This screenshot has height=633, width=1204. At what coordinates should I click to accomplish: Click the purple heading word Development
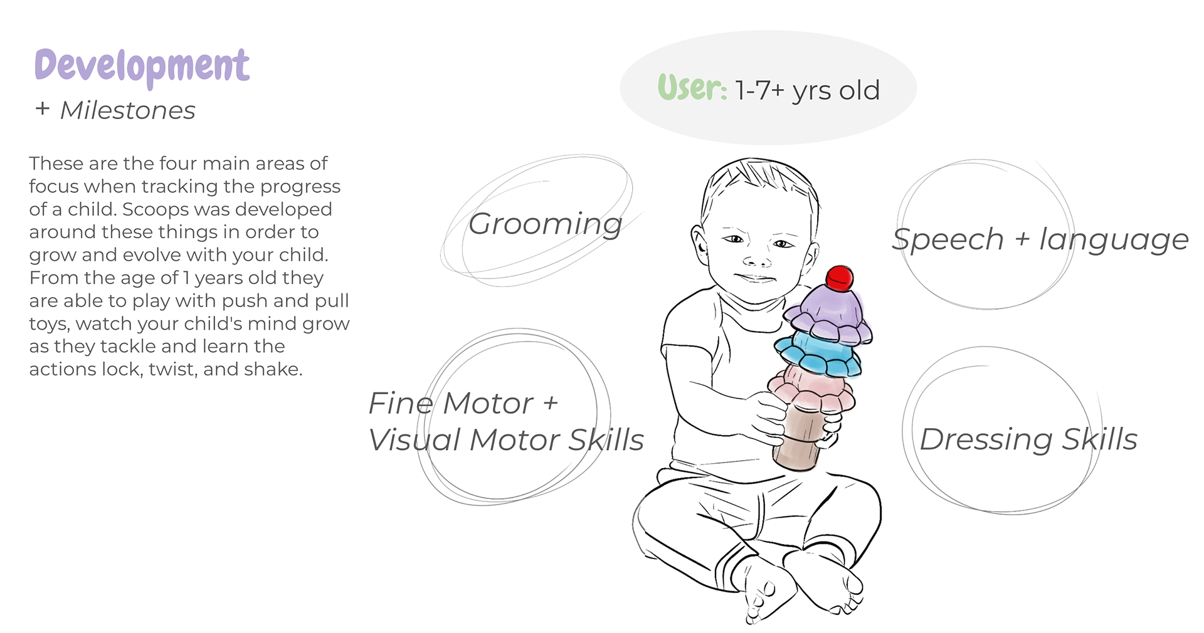[x=142, y=66]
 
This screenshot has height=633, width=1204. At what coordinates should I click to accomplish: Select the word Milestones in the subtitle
[x=128, y=111]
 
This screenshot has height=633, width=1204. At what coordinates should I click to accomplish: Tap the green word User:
[x=692, y=89]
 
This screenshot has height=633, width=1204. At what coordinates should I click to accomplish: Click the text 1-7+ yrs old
[x=808, y=91]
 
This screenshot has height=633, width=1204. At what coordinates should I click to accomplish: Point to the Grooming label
[x=545, y=224]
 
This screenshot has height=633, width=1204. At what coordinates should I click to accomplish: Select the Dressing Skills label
[x=1028, y=439]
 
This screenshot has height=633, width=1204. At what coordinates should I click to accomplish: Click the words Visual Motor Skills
[x=505, y=440]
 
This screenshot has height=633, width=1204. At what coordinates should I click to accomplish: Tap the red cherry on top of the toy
[x=839, y=278]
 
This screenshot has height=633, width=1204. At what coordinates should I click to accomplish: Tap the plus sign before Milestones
[x=43, y=109]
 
